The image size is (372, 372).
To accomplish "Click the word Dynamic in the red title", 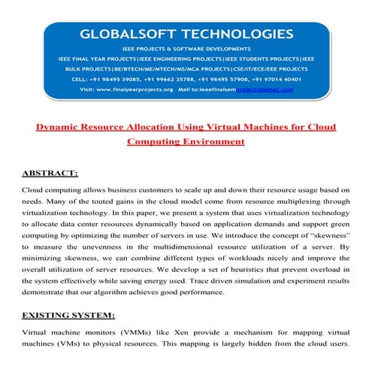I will tap(62, 127).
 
